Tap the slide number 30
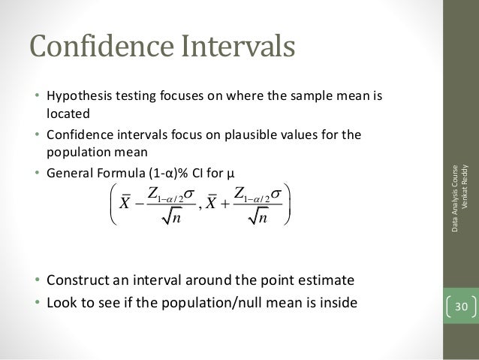(x=459, y=307)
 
